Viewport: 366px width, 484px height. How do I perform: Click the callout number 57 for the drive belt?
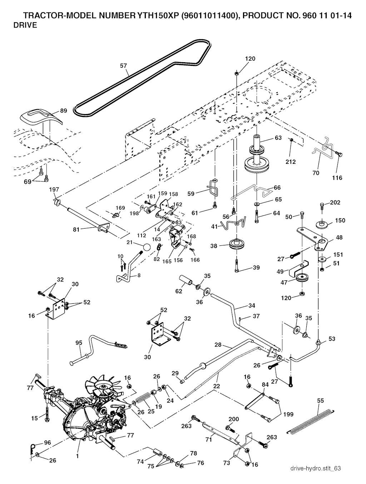click(123, 66)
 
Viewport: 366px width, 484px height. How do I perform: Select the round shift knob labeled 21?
click(146, 247)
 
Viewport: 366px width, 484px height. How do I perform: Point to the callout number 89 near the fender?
click(63, 111)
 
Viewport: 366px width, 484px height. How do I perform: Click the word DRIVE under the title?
click(25, 26)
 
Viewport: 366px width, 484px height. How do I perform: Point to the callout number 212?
click(291, 162)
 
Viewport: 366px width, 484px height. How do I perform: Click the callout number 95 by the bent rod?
click(79, 343)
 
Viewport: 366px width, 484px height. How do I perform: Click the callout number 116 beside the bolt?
click(337, 177)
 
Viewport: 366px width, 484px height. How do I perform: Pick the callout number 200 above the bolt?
click(233, 419)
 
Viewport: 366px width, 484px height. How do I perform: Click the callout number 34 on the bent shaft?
click(252, 305)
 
